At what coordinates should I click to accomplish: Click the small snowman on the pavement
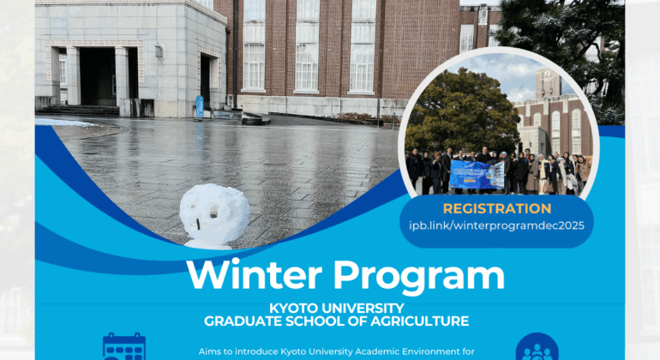(x=214, y=215)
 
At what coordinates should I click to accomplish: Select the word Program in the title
(x=417, y=276)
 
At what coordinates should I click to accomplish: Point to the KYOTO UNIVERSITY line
(x=337, y=308)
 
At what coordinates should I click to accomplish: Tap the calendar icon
(x=124, y=347)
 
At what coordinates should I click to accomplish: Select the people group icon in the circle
(x=537, y=351)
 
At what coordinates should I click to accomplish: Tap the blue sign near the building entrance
(x=200, y=106)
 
